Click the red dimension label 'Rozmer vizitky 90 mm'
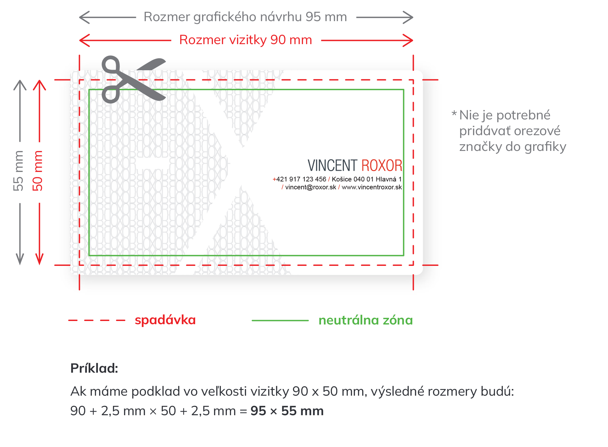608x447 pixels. coord(245,40)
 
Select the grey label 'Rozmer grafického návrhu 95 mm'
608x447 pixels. coord(245,17)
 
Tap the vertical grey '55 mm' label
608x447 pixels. coord(18,171)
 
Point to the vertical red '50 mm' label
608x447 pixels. coord(37,171)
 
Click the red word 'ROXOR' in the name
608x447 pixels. coord(382,166)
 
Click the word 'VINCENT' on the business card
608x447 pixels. coord(332,166)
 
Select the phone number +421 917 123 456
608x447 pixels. coord(299,179)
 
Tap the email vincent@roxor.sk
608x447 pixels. coord(311,187)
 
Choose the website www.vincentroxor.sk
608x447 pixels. coord(372,187)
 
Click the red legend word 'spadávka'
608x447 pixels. coord(165,320)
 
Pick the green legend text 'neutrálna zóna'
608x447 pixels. coord(365,320)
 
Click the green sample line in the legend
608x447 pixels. coord(280,321)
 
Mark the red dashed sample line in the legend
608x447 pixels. coord(97,321)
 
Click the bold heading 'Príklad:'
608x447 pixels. coord(94,368)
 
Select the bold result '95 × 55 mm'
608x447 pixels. coord(287,411)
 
